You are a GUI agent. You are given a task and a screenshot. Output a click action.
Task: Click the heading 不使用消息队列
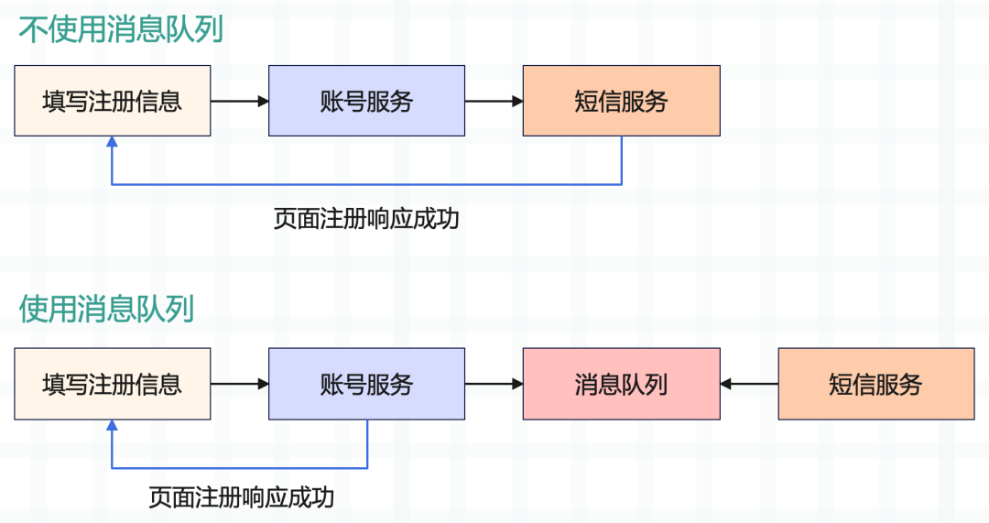coord(121,29)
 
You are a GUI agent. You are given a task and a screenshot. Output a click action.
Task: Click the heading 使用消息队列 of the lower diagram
coord(106,309)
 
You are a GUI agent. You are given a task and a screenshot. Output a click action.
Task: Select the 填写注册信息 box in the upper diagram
coord(113,101)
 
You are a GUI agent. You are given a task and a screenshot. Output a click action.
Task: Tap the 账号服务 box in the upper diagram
coord(366,101)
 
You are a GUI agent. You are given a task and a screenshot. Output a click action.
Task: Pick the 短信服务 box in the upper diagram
coord(621,101)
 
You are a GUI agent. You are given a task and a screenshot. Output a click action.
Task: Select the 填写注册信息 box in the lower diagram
coord(113,384)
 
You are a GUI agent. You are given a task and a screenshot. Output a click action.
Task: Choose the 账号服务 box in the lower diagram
coord(366,384)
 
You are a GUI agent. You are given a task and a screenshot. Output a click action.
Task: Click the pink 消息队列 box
coord(621,384)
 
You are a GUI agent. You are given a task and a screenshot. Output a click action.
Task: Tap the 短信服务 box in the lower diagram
coord(875,384)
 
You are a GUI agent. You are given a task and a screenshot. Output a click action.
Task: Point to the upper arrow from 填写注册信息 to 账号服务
coord(239,101)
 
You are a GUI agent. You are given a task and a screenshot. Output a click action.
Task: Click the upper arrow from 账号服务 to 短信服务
coord(494,101)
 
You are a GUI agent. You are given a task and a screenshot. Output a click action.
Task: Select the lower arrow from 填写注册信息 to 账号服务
coord(239,384)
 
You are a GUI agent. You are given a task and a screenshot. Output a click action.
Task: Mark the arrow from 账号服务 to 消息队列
coord(494,384)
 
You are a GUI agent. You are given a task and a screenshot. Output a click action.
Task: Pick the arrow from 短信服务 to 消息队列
coord(749,384)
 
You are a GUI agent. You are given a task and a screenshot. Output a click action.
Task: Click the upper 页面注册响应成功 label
coord(365,220)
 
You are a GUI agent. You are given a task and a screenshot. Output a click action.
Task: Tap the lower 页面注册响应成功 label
coord(241,498)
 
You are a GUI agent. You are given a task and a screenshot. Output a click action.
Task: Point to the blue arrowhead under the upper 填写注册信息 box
coord(112,142)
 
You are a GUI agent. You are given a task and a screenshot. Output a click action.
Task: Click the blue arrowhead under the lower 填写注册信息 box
coord(112,425)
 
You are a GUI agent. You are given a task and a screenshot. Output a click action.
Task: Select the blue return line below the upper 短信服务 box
coord(366,185)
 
